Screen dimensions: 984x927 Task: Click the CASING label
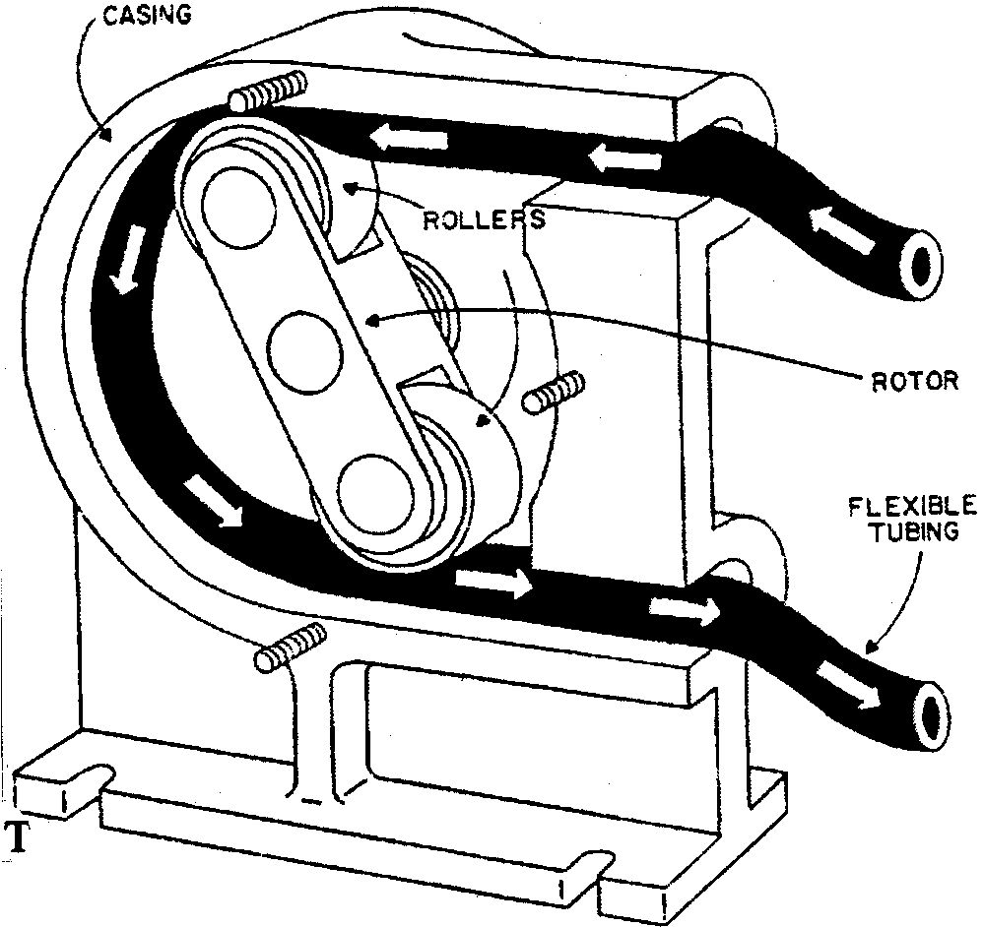pyautogui.click(x=148, y=16)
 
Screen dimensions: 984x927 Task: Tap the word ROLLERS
pyautogui.click(x=484, y=220)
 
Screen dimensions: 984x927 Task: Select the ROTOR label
pyautogui.click(x=916, y=381)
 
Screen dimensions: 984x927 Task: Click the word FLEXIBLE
pyautogui.click(x=912, y=506)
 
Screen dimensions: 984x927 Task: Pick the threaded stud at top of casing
pyautogui.click(x=267, y=92)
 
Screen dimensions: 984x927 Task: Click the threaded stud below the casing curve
pyautogui.click(x=291, y=649)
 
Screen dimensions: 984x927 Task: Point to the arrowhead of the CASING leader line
pyautogui.click(x=105, y=134)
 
